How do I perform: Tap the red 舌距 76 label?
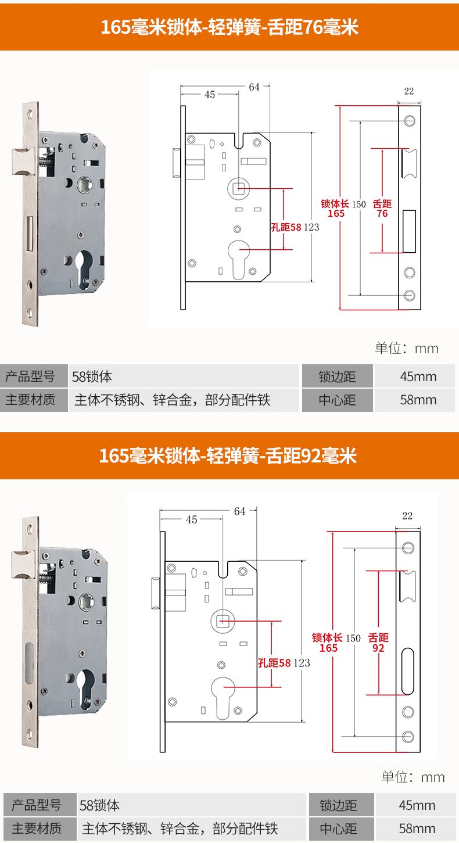(x=382, y=209)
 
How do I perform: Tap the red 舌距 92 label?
(x=378, y=643)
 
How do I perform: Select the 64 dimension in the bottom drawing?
(x=239, y=511)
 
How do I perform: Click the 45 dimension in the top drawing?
(x=210, y=95)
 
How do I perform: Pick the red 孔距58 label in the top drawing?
(x=286, y=227)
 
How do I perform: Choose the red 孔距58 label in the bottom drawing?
(x=274, y=662)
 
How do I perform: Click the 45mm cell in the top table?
(x=418, y=376)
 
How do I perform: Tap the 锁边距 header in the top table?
(x=337, y=376)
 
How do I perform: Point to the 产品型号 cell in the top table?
(x=30, y=376)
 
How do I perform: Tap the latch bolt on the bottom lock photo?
(x=21, y=562)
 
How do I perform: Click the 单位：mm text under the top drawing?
(x=407, y=349)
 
